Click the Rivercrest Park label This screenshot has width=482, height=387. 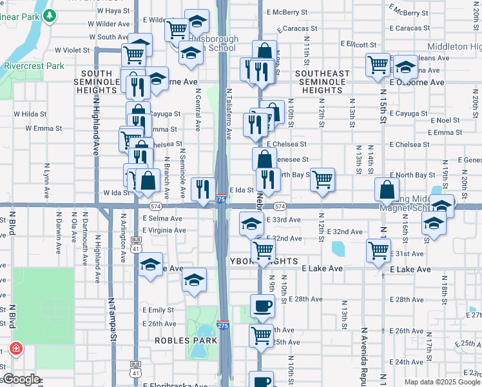click(34, 66)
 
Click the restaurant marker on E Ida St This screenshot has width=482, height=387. click(204, 189)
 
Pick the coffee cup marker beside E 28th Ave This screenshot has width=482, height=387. click(262, 305)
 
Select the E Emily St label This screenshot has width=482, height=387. click(159, 310)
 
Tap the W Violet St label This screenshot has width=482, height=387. click(72, 49)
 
